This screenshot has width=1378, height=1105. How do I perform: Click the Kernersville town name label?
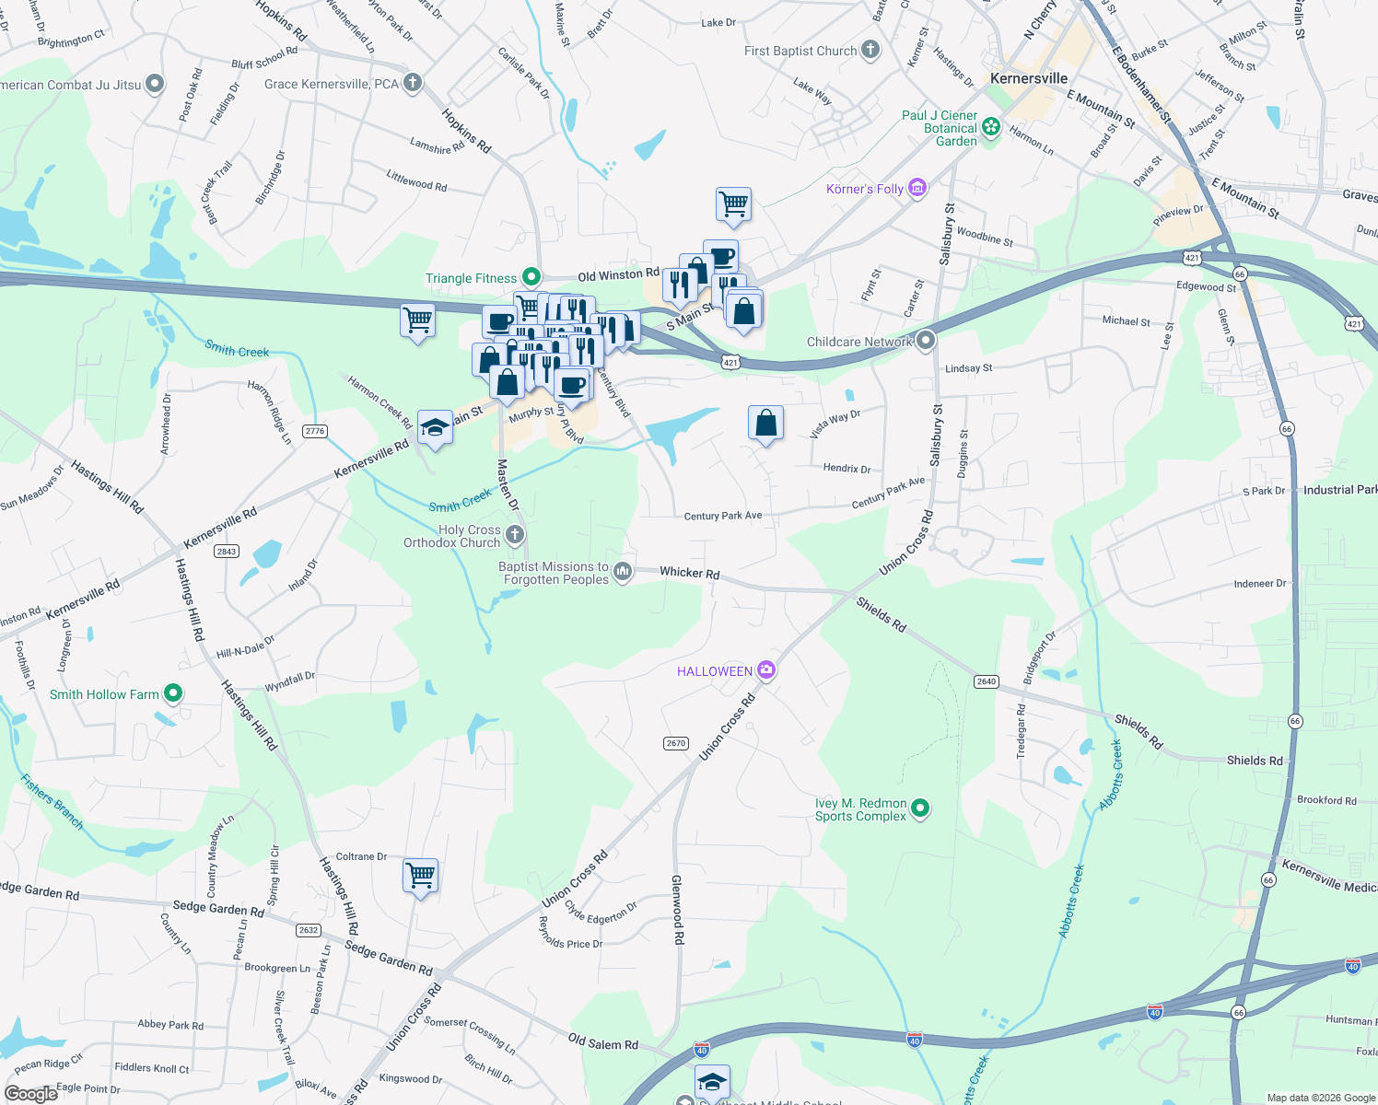[1029, 78]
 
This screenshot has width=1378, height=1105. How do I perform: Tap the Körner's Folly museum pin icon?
[917, 189]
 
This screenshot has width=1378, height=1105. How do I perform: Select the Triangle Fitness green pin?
[531, 277]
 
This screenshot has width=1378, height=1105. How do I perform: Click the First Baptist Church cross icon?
[870, 51]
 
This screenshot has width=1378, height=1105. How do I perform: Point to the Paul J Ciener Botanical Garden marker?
[991, 127]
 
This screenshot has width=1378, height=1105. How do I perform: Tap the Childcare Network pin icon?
[926, 341]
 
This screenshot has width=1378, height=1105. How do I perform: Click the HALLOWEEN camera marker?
[766, 670]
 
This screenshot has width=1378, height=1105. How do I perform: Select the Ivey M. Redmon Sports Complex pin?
[919, 809]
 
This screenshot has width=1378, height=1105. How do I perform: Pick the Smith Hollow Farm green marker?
[172, 693]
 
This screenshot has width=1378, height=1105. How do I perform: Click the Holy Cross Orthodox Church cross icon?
[515, 535]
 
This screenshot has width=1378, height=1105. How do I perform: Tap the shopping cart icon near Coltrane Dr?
[420, 875]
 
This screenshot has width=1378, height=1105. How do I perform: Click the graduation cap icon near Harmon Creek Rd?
[435, 427]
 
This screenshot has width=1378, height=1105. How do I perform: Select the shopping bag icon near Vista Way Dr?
[766, 423]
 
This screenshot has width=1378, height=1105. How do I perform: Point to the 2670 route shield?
[675, 743]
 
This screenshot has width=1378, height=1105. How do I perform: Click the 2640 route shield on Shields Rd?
[986, 681]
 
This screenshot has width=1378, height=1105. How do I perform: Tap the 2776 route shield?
[315, 431]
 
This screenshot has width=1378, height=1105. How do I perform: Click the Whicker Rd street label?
[689, 573]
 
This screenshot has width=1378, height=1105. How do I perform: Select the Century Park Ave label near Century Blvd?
[723, 516]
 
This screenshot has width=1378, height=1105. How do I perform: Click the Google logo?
[30, 1093]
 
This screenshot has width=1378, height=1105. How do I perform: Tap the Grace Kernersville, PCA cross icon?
[413, 83]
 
